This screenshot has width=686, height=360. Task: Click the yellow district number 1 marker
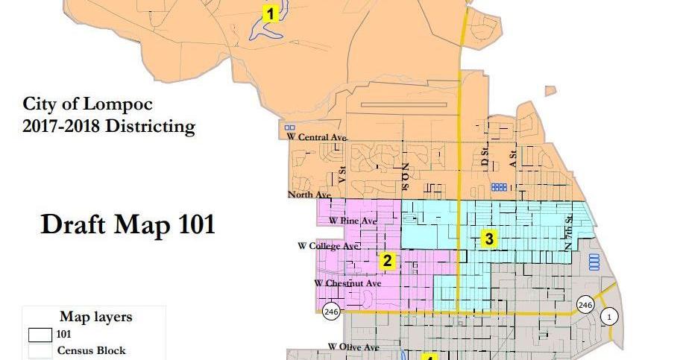click(x=269, y=13)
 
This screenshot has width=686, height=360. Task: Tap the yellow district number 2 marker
click(x=387, y=261)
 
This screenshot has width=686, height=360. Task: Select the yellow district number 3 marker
click(x=488, y=239)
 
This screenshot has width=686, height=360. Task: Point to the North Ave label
click(x=307, y=195)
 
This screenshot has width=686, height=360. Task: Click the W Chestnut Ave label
click(x=347, y=283)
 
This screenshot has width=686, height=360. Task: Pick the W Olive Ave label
click(x=353, y=347)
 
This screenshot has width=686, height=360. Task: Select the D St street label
click(x=485, y=157)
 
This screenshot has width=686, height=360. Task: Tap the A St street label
click(x=512, y=157)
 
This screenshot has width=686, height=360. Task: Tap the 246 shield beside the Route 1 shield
click(x=585, y=304)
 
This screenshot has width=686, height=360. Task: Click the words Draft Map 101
click(x=128, y=224)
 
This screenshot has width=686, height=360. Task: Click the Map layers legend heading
click(x=95, y=317)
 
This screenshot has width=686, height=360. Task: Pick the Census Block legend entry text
click(x=92, y=350)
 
